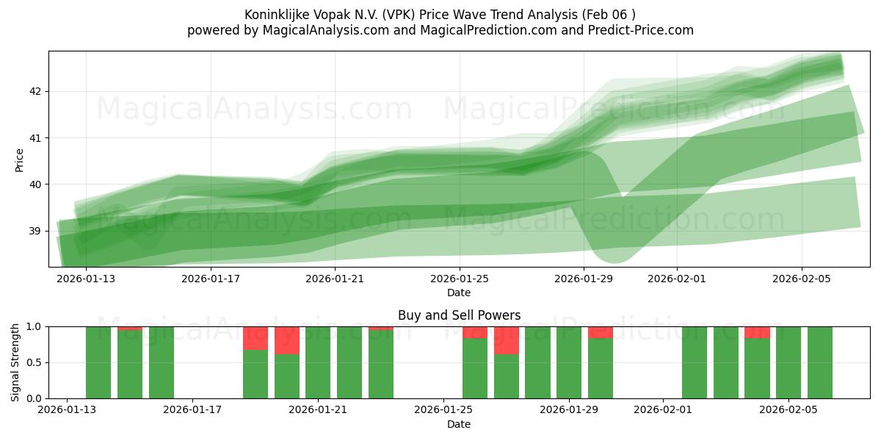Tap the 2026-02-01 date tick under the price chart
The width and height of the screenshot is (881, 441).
pyautogui.click(x=676, y=279)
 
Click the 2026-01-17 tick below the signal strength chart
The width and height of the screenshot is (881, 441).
pyautogui.click(x=192, y=410)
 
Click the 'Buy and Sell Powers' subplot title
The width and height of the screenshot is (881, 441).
pyautogui.click(x=459, y=315)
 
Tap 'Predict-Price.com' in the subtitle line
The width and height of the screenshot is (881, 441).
pyautogui.click(x=639, y=30)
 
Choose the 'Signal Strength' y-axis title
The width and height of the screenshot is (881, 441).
pyautogui.click(x=16, y=362)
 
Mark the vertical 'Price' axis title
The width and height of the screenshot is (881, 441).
pyautogui.click(x=20, y=160)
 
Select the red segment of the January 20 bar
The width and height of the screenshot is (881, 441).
pyautogui.click(x=287, y=340)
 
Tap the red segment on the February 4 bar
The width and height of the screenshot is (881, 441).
pyautogui.click(x=757, y=332)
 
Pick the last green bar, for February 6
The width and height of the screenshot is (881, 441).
pyautogui.click(x=820, y=362)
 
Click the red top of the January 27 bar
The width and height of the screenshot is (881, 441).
pyautogui.click(x=507, y=340)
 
